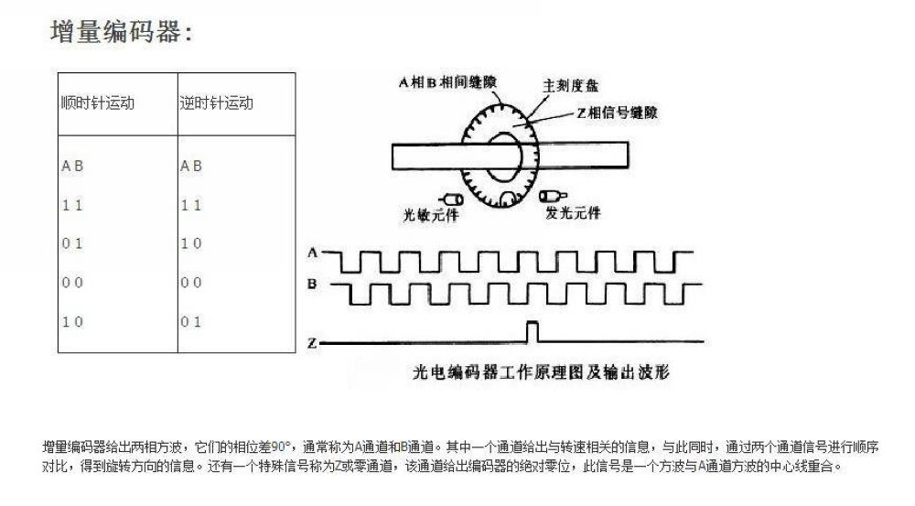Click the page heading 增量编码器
point(122,31)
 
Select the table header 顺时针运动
point(98,103)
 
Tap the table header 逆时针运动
point(217,103)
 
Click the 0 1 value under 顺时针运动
point(72,243)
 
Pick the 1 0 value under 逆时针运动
point(191,243)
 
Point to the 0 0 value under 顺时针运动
point(72,283)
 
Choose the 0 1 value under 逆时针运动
point(191,321)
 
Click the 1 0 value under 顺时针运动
point(72,321)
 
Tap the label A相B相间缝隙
point(447,82)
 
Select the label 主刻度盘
point(571,86)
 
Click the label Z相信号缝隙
point(618,113)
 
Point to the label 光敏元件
point(431,215)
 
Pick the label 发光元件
point(573,212)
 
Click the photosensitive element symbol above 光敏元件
point(451,199)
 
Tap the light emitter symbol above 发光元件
point(553,196)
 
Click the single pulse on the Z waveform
point(533,331)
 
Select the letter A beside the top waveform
point(312,253)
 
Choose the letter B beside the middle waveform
point(312,285)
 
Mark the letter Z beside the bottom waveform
point(312,344)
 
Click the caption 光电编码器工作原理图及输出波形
point(541,371)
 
